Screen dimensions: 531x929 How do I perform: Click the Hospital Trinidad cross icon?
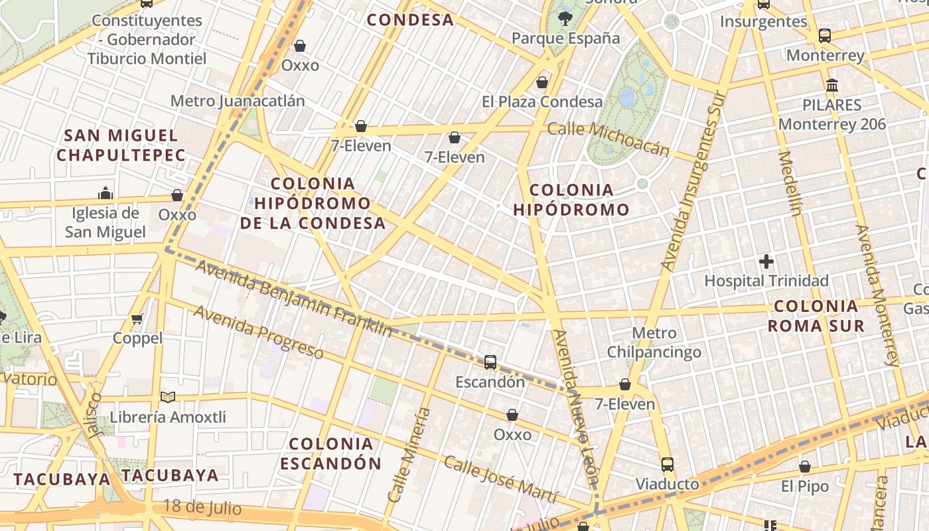[766, 262]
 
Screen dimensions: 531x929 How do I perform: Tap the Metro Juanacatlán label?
[238, 101]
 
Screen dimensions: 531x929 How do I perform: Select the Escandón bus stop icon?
[490, 362]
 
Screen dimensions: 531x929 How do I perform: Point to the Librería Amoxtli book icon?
[168, 397]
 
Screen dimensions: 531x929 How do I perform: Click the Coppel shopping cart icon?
[137, 319]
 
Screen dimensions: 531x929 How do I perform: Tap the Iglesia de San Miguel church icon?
[106, 193]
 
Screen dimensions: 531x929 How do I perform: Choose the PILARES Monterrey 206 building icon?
[832, 85]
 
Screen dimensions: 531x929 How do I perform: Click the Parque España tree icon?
[565, 19]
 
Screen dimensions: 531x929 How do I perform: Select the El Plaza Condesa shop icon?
[542, 82]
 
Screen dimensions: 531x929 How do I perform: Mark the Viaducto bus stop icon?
[668, 465]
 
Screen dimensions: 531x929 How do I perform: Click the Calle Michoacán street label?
[608, 138]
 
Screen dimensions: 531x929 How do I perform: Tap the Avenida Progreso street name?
[258, 331]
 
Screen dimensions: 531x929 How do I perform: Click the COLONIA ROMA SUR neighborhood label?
[816, 316]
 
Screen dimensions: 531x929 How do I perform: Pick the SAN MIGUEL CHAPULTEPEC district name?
[121, 145]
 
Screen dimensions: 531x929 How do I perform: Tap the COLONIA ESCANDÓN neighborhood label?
[331, 453]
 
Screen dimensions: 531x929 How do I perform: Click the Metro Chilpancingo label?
[654, 342]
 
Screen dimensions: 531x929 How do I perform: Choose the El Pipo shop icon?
[805, 467]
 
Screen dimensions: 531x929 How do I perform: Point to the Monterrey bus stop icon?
[825, 36]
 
